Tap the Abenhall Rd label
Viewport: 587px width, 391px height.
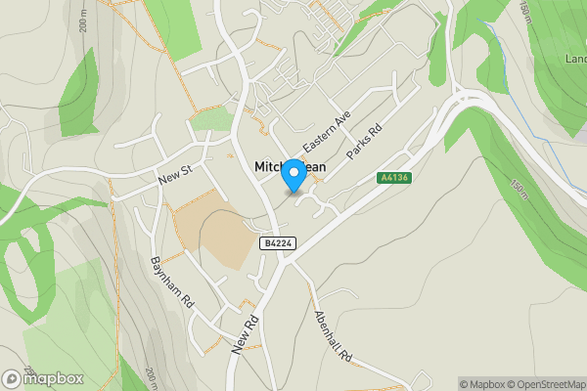pyautogui.click(x=333, y=337)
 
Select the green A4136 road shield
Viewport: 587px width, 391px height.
pyautogui.click(x=393, y=177)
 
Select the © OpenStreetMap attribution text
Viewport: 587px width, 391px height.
pyautogui.click(x=548, y=384)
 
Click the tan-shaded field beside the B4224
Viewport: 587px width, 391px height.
pyautogui.click(x=213, y=228)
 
